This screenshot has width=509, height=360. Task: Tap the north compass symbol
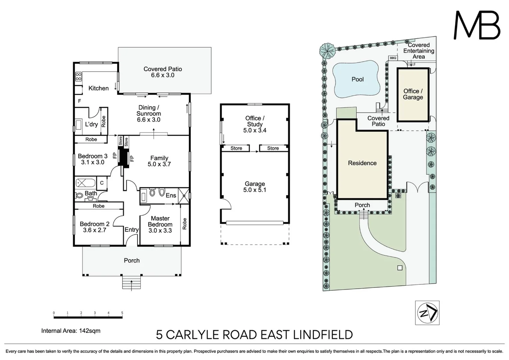[x=427, y=313]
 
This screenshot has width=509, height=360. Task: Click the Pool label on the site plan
[x=357, y=79]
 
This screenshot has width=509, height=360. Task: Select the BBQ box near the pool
[x=393, y=58]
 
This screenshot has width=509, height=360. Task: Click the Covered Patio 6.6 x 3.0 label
[x=163, y=72]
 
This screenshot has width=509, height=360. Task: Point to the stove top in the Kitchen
[x=78, y=77]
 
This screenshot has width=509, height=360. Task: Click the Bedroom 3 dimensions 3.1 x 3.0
[x=93, y=162]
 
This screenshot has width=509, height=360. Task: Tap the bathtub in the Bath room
[x=86, y=183]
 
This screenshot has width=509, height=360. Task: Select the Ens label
[x=171, y=195]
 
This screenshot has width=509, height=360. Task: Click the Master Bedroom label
[x=160, y=221]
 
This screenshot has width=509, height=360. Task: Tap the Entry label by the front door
[x=131, y=230]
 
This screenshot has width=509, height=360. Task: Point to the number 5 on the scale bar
[x=122, y=313]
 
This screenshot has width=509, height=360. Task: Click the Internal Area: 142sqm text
[x=71, y=331]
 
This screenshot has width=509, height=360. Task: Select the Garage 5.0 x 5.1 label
[x=255, y=187]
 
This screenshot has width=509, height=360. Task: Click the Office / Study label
[x=255, y=121]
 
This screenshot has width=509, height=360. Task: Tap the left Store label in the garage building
[x=236, y=148]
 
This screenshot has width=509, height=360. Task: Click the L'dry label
[x=91, y=124]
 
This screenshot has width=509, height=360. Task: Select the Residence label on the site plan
[x=362, y=163]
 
